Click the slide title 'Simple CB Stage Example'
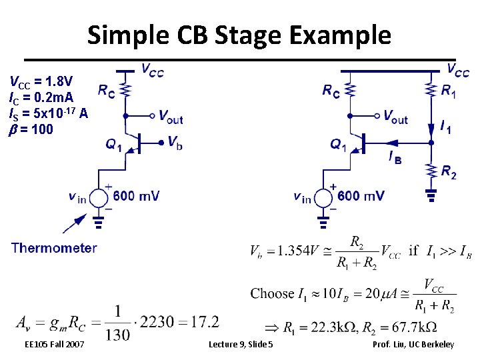[239, 34]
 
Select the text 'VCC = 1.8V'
[41, 83]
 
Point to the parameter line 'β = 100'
[31, 129]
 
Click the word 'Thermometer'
[54, 248]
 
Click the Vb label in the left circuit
[175, 142]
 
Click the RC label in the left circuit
[106, 91]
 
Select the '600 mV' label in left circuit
[136, 195]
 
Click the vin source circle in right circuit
[324, 198]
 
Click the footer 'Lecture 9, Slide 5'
[240, 344]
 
